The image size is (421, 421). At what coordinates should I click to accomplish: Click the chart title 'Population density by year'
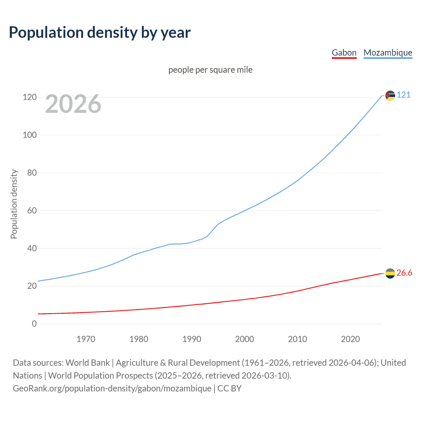click(100, 33)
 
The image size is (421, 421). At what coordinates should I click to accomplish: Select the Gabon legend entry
click(344, 53)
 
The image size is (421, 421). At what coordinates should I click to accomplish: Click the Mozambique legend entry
click(388, 53)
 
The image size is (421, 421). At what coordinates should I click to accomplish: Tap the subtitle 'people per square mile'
click(210, 70)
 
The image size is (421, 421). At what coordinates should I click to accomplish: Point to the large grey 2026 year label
click(73, 104)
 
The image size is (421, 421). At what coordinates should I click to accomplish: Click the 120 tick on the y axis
click(30, 97)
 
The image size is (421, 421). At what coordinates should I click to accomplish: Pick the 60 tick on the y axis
click(32, 210)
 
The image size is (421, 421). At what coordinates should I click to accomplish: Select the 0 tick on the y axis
click(34, 324)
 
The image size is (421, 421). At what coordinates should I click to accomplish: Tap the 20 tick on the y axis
click(32, 286)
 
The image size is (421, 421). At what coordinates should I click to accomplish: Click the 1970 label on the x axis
click(86, 339)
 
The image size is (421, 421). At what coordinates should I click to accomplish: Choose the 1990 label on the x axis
click(192, 339)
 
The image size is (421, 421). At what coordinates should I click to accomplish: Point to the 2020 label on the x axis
click(350, 339)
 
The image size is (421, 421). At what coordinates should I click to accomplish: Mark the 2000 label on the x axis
click(244, 339)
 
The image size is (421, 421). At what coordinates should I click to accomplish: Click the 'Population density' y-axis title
click(14, 204)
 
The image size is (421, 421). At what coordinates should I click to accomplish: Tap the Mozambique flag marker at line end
click(390, 96)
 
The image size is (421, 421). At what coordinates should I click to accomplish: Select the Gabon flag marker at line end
click(390, 273)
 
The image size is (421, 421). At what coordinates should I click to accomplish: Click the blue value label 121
click(404, 95)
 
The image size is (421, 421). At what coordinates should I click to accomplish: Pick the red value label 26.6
click(404, 273)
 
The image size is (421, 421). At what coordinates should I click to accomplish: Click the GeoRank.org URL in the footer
click(112, 388)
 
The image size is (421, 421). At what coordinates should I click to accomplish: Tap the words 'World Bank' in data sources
click(87, 363)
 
